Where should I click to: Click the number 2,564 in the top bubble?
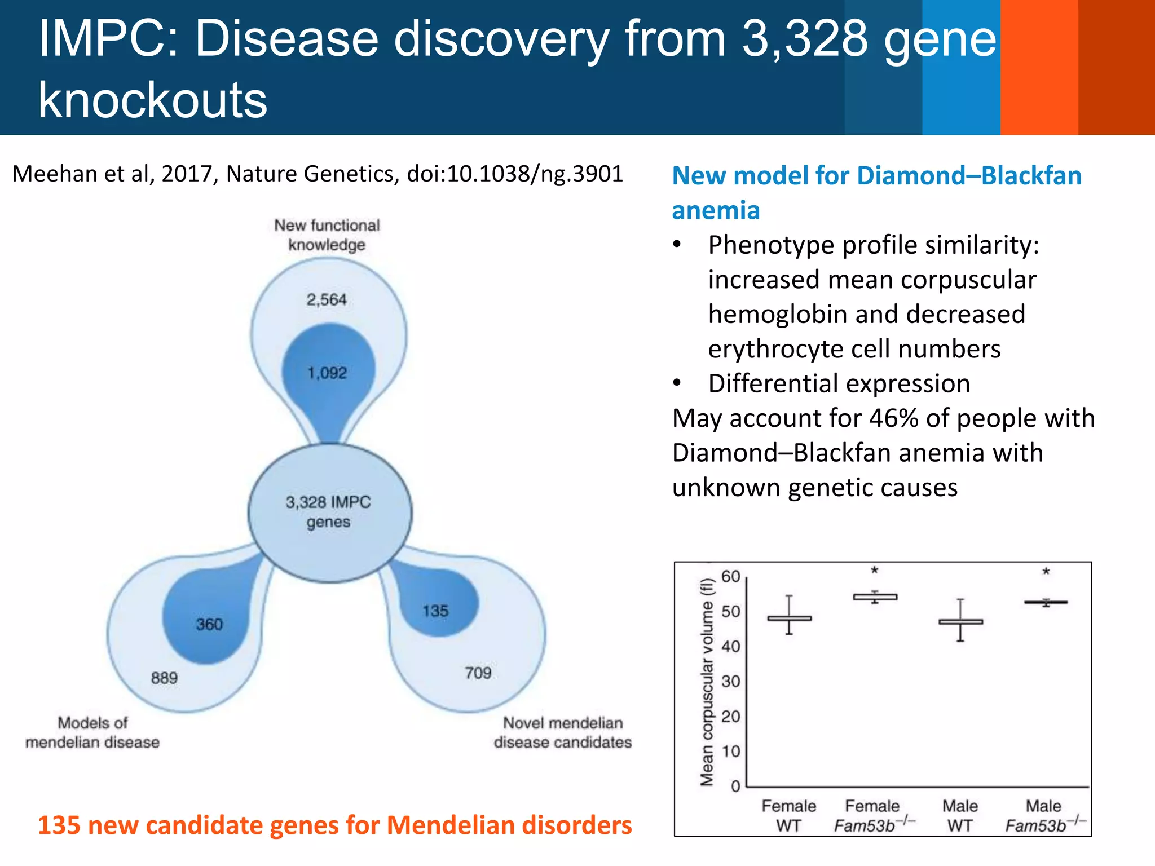[x=327, y=299]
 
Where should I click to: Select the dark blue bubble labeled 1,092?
[x=328, y=373]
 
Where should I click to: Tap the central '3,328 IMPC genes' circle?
[x=329, y=512]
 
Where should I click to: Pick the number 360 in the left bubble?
[x=209, y=624]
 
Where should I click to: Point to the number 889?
[x=164, y=678]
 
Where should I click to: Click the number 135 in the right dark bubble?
[x=435, y=611]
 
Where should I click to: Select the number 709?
[x=478, y=673]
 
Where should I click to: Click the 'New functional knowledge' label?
[x=327, y=235]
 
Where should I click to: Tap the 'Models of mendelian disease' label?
[x=92, y=732]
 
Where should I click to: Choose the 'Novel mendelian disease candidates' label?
[x=563, y=732]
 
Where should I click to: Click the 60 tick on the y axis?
[x=730, y=577]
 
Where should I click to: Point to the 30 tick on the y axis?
[x=730, y=682]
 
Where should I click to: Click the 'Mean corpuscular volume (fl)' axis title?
[x=707, y=682]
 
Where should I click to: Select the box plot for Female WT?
[x=789, y=618]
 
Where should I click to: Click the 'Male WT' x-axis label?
[x=960, y=815]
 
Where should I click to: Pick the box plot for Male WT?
[x=960, y=621]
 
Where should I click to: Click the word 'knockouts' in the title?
[x=153, y=100]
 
